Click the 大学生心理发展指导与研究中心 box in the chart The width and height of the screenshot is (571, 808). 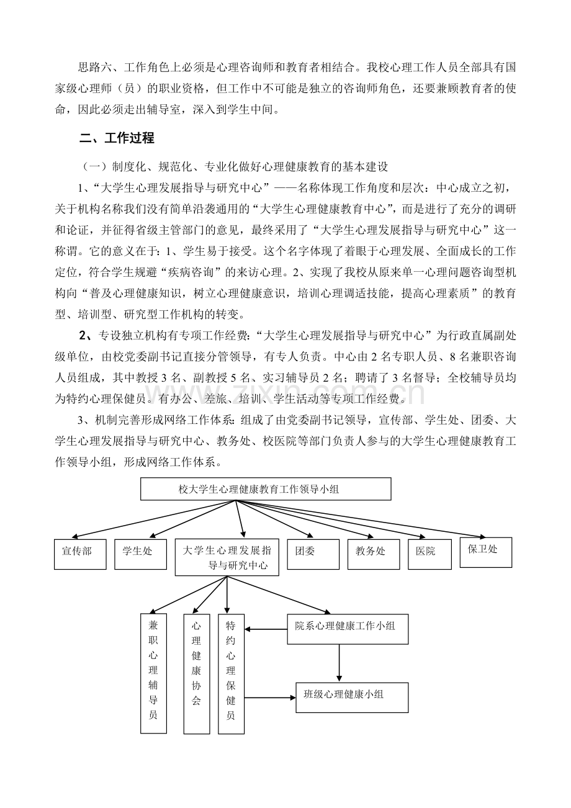[227, 557]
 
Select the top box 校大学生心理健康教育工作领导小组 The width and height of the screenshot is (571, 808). [266, 489]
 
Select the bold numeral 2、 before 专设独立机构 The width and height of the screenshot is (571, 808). [86, 336]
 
